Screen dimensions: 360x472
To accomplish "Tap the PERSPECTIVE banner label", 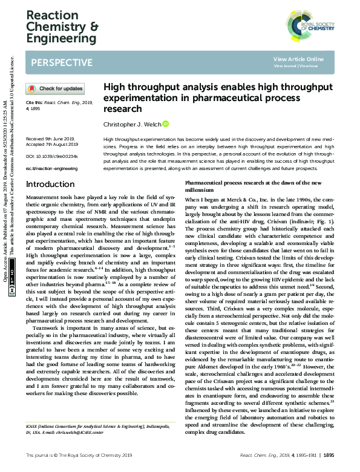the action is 61,62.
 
